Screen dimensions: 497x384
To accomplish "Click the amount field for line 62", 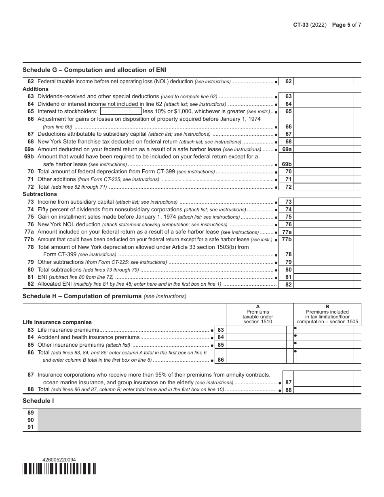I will coord(324,81).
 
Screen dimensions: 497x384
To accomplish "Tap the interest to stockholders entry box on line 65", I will coord(121,111).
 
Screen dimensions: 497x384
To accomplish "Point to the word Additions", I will coord(36,89).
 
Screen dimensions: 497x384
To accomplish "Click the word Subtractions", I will coord(40,194).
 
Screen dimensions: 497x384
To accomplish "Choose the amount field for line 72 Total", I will coord(324,187).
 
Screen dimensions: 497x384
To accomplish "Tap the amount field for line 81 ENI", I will coord(324,277).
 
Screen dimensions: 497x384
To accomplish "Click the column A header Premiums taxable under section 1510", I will coord(257,314).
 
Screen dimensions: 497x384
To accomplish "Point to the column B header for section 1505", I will coord(327,314).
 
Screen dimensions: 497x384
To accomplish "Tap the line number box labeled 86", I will coord(221,360).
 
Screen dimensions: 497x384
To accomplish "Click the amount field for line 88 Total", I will coord(324,390).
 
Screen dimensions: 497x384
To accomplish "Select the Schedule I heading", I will coord(38,401).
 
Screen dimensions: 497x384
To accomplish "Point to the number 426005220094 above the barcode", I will coord(59,460).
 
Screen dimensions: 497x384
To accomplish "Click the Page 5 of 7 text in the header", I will coord(346,25).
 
